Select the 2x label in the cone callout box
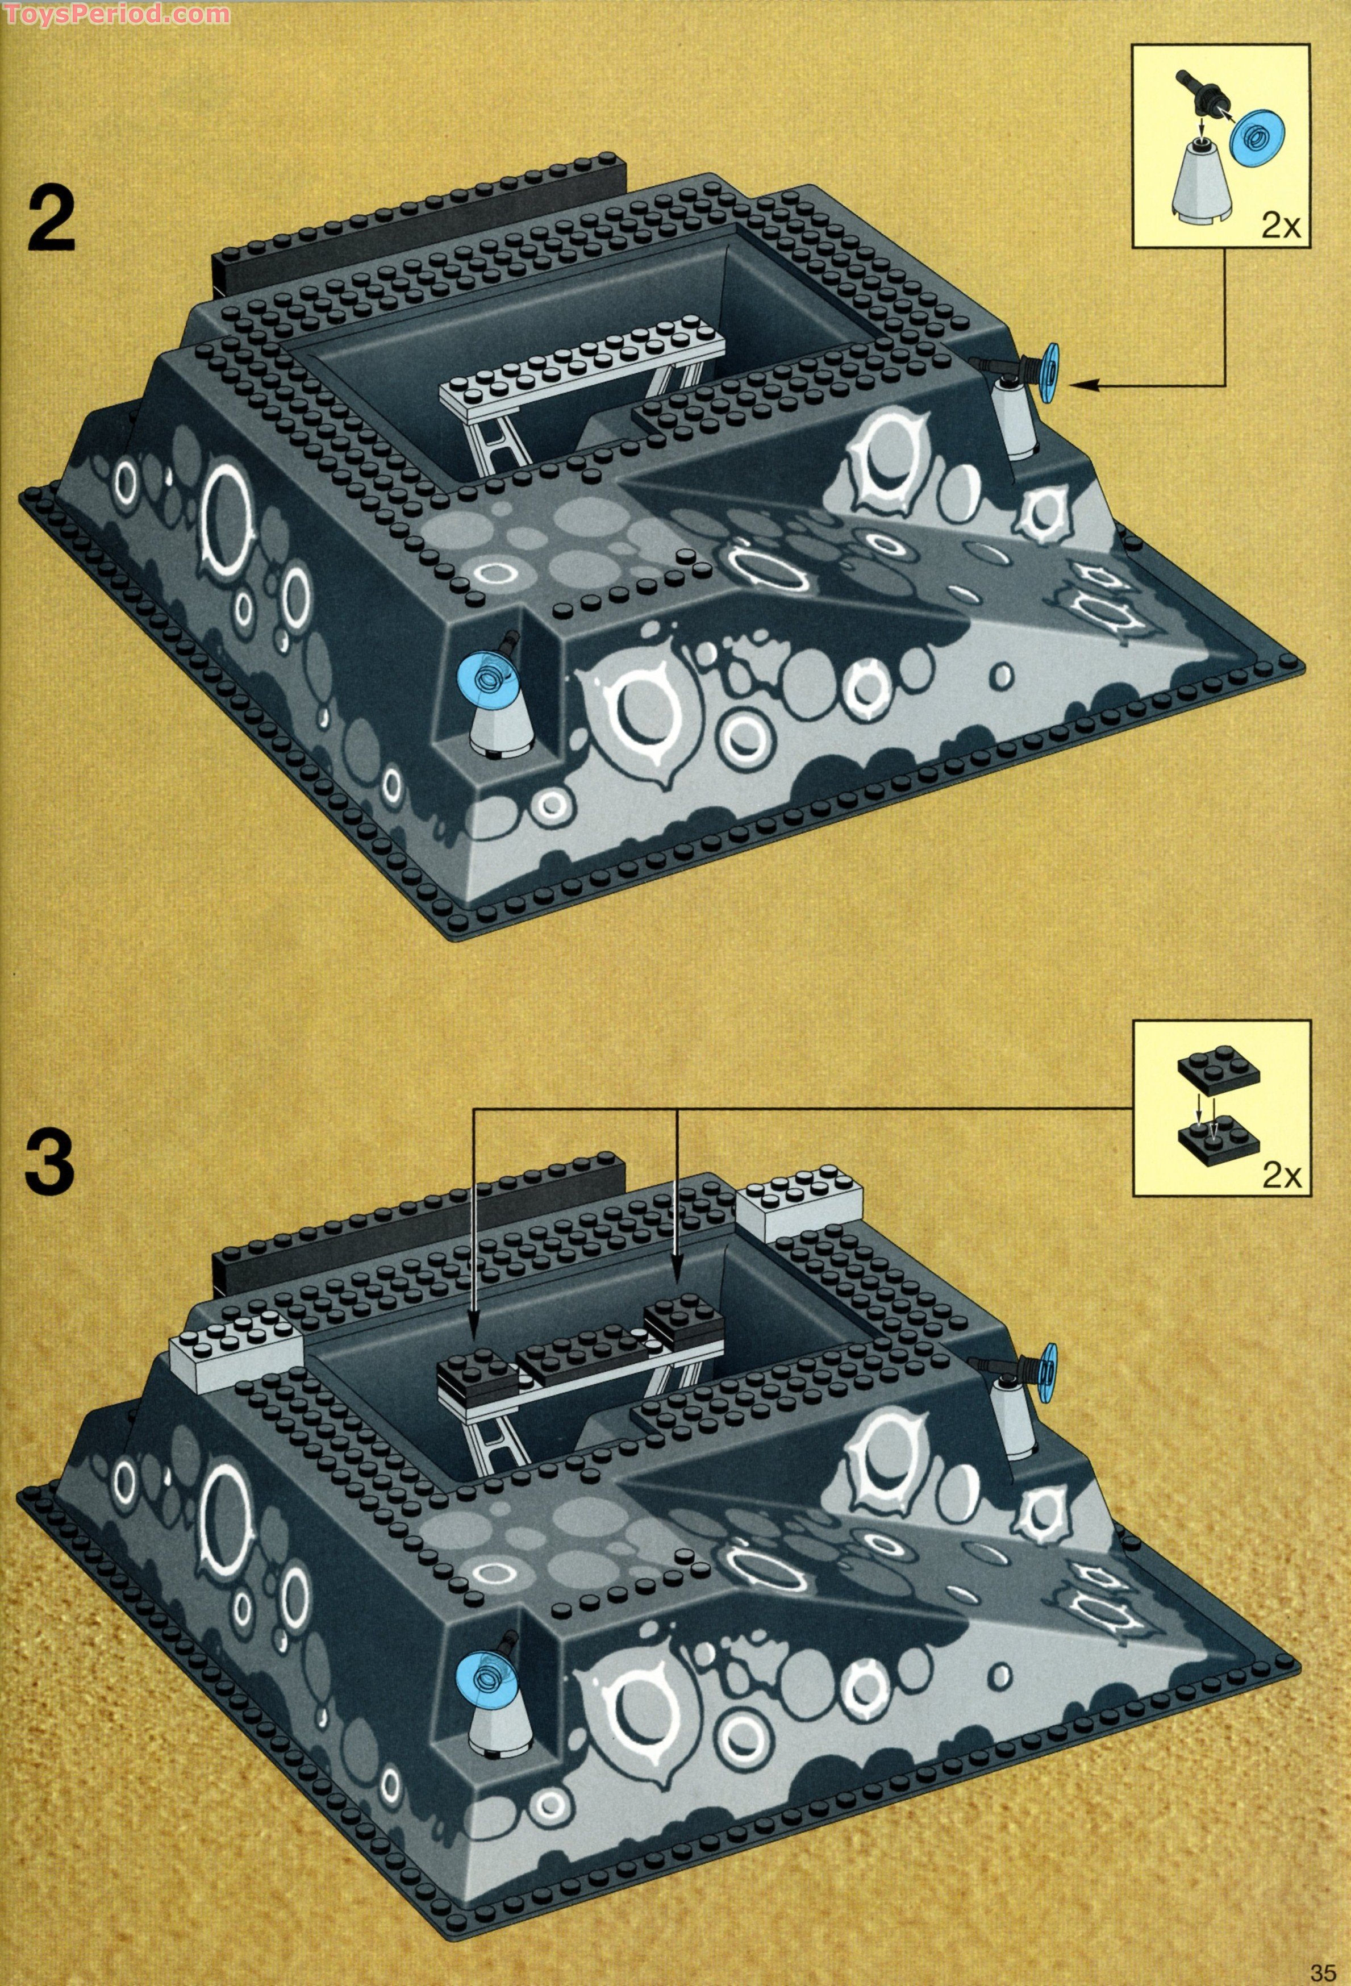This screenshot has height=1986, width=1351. (1280, 225)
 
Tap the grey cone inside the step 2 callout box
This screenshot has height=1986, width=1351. (1200, 184)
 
